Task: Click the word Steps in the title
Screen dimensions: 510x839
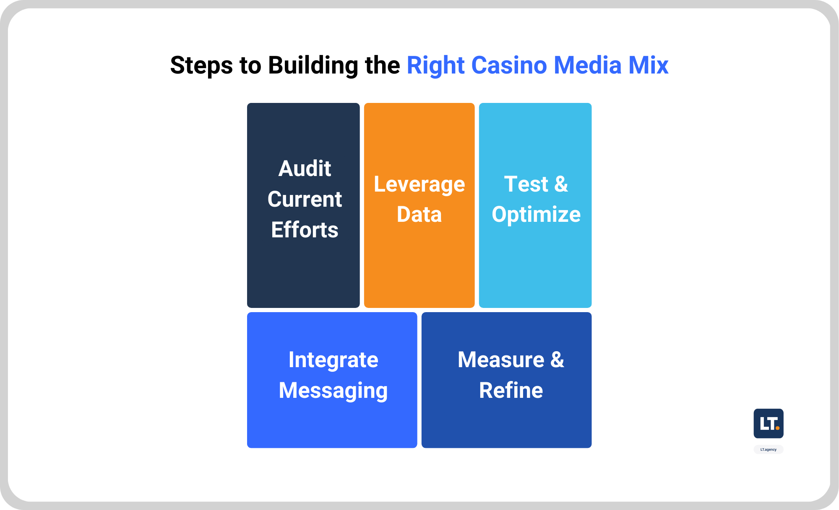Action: (201, 66)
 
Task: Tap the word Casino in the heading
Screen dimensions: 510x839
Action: (509, 66)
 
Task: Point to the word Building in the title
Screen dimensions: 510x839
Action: (313, 66)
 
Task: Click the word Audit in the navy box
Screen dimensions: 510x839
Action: (305, 168)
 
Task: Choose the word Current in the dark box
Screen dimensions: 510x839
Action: (305, 199)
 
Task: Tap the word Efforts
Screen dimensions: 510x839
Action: (305, 230)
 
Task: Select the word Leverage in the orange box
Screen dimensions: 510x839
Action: (419, 184)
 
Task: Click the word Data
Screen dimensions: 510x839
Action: (419, 214)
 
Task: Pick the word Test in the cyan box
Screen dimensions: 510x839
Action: (526, 184)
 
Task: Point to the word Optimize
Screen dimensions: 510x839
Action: (536, 215)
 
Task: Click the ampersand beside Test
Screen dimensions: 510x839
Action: (561, 184)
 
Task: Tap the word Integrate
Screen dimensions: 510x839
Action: (333, 360)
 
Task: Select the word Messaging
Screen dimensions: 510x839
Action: (333, 391)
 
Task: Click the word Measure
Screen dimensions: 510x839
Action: (501, 360)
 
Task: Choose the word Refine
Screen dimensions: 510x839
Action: (511, 390)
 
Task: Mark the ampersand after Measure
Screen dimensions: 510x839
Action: (557, 360)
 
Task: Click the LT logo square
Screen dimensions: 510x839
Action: (768, 423)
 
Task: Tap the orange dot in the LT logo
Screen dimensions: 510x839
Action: (777, 428)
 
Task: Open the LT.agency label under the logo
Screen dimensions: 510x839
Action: (768, 450)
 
